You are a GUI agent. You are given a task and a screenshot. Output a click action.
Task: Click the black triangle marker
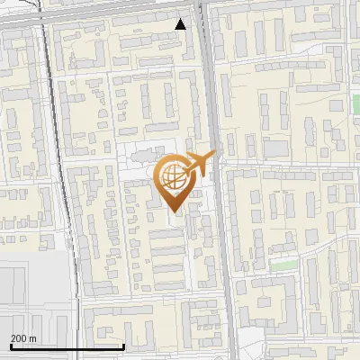(181, 24)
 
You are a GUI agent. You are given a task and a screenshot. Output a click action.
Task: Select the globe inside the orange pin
(174, 175)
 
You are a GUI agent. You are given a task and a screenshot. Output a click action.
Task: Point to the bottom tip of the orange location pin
(174, 211)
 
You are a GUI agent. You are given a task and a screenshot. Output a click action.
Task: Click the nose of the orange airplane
(213, 157)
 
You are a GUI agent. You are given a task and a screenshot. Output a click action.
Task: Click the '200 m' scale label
(23, 338)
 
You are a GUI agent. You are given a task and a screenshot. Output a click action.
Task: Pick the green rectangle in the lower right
(283, 265)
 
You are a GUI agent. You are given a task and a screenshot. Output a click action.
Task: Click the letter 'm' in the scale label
(32, 338)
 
